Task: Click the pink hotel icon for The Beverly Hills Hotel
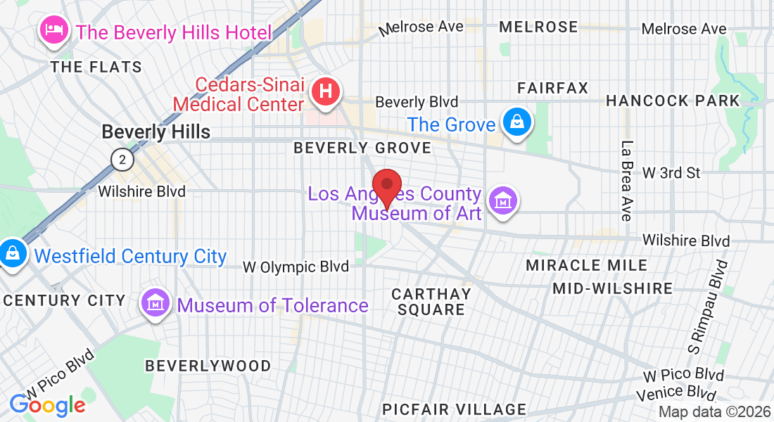click(53, 30)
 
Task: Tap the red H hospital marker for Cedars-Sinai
click(326, 91)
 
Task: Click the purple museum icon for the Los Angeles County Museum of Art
click(503, 200)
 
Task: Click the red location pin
click(386, 186)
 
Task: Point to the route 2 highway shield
click(122, 160)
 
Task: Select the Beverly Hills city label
click(156, 132)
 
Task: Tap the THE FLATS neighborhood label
click(96, 68)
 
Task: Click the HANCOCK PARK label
click(673, 101)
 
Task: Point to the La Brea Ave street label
click(626, 181)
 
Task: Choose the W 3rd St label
click(671, 172)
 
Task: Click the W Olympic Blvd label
click(296, 267)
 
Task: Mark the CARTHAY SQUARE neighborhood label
click(431, 302)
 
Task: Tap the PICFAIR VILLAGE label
click(454, 409)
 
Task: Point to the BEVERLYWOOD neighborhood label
click(208, 366)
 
